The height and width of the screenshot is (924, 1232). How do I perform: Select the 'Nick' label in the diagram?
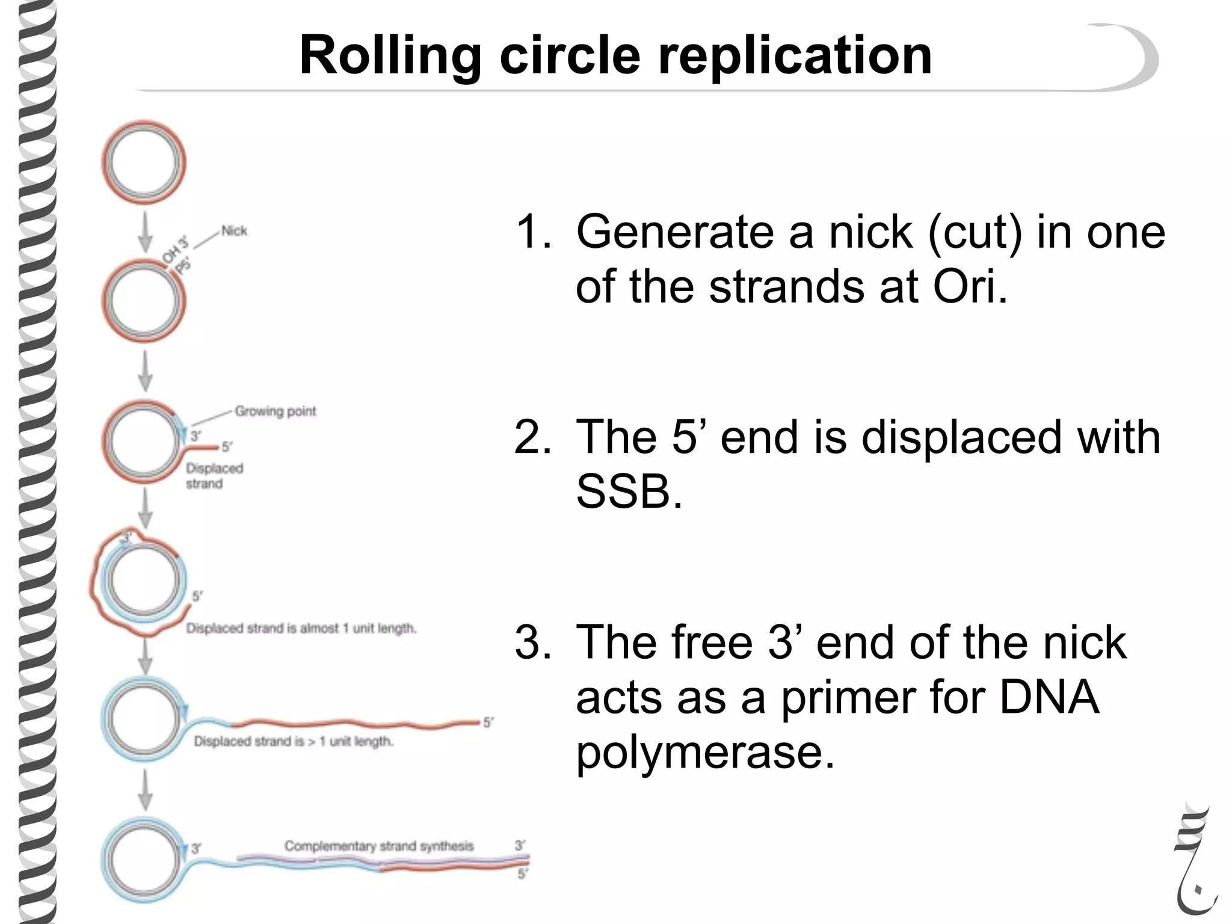(x=234, y=231)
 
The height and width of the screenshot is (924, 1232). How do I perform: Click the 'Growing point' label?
(x=275, y=411)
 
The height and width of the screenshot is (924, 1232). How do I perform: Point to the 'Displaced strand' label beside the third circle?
(x=214, y=476)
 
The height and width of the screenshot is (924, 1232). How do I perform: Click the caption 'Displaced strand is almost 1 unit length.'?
(x=301, y=629)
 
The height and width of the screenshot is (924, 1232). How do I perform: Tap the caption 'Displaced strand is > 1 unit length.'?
(x=293, y=742)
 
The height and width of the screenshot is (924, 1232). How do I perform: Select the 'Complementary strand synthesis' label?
(x=379, y=846)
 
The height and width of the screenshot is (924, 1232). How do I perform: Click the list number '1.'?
(x=534, y=232)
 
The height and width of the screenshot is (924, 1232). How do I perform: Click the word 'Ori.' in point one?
(x=970, y=286)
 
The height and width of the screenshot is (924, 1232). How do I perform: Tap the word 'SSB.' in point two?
(x=629, y=491)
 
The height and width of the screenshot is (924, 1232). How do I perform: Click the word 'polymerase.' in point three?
(x=705, y=753)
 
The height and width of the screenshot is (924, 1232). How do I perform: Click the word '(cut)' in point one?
(x=974, y=232)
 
